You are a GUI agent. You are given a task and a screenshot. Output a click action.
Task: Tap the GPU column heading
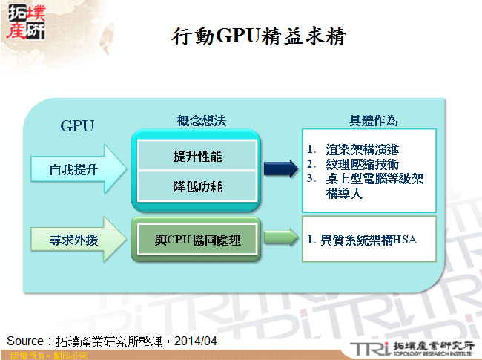(x=77, y=125)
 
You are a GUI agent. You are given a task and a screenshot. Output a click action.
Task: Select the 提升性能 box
(x=197, y=157)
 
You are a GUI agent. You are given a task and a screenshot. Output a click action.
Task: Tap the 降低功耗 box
(x=197, y=187)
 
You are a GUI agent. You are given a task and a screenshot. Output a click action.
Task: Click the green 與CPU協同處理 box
(x=197, y=240)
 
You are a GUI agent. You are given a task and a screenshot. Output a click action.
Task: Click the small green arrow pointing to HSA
(x=280, y=240)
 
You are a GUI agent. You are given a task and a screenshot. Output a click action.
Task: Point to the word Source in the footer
(x=27, y=341)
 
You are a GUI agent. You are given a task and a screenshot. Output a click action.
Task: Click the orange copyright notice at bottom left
(x=44, y=356)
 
